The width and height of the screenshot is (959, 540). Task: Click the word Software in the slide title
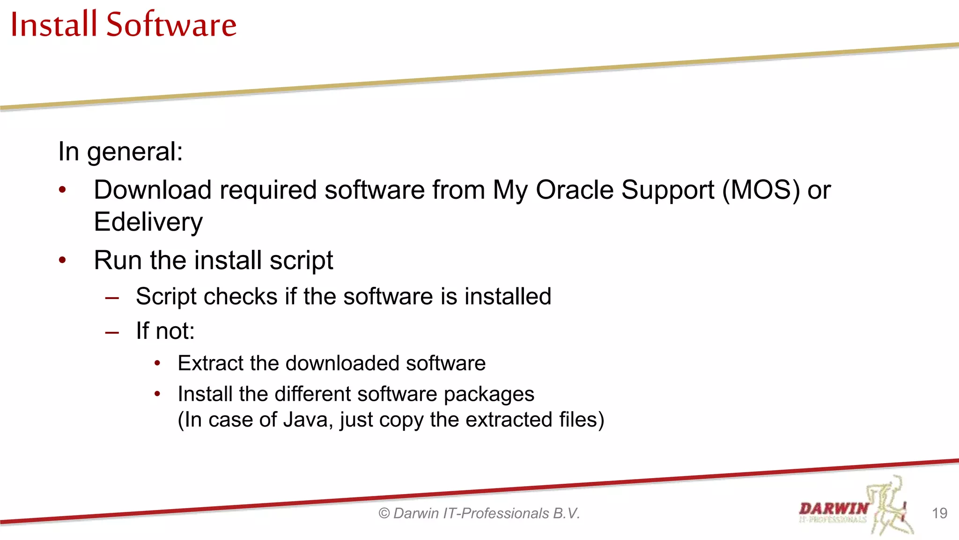(x=171, y=24)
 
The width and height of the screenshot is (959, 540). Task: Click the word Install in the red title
(x=53, y=24)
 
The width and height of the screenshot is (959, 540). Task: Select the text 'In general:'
(x=120, y=152)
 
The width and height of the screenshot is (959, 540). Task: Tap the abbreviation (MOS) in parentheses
(x=761, y=190)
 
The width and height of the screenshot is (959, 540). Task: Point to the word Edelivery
(x=148, y=222)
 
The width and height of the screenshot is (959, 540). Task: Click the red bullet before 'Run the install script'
(x=63, y=260)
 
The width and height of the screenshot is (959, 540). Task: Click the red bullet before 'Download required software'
(x=63, y=190)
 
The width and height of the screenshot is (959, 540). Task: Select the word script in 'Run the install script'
(x=301, y=261)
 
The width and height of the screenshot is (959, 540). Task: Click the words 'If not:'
(x=165, y=331)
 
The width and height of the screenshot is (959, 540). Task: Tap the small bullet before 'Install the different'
(x=158, y=394)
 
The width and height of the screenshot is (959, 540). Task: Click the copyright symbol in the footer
(x=384, y=513)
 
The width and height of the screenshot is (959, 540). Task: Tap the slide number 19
(x=939, y=513)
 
